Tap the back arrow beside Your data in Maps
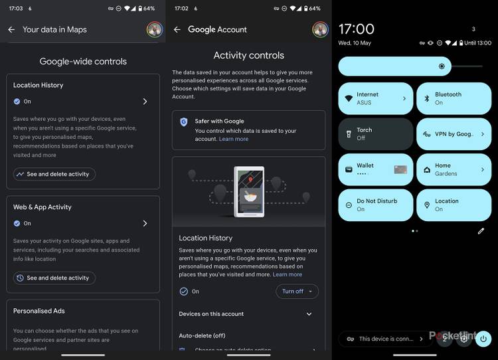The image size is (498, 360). tap(11, 29)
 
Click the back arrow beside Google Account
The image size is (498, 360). tap(177, 29)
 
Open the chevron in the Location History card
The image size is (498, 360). tap(145, 102)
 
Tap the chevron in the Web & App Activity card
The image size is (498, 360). tap(145, 223)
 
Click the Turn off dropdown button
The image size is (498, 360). tap(297, 292)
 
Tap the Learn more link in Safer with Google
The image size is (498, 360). tap(234, 139)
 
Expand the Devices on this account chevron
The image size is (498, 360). tap(309, 314)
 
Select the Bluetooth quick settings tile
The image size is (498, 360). tap(454, 98)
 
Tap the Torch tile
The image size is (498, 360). tap(376, 134)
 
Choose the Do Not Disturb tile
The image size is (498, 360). tap(376, 205)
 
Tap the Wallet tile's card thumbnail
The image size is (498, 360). tap(400, 169)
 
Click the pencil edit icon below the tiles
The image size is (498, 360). tap(481, 231)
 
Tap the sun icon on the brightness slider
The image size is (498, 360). tap(442, 66)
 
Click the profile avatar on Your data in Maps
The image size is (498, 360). tap(155, 29)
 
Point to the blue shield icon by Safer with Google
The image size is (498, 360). tap(183, 122)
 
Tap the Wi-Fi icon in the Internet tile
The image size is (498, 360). tap(349, 98)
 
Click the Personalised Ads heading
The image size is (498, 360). tap(39, 311)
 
